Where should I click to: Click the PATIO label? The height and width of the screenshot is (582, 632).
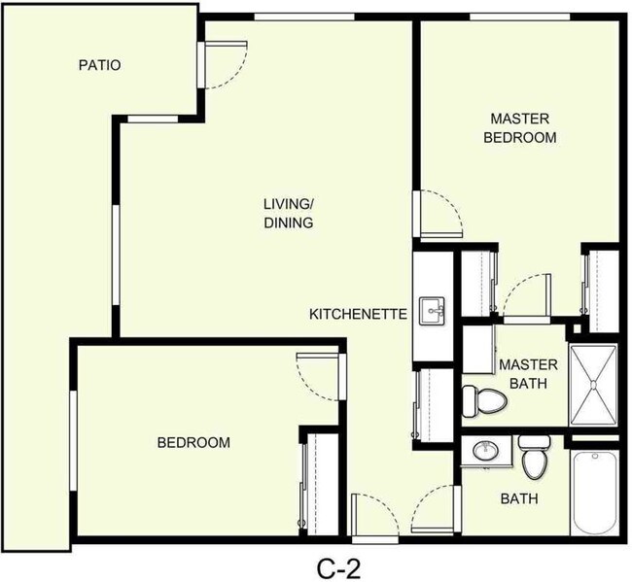[x=100, y=66]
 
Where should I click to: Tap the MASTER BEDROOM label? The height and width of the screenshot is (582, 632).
[x=521, y=128]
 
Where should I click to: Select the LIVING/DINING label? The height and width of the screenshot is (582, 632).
[x=288, y=213]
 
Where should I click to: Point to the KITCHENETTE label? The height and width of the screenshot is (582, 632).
[x=357, y=314]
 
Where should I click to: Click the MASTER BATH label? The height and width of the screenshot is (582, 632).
[x=528, y=373]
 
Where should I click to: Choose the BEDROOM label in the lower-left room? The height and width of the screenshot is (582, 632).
[x=193, y=443]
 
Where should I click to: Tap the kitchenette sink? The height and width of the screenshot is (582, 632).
[x=431, y=312]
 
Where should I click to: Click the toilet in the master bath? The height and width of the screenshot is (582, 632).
[x=484, y=398]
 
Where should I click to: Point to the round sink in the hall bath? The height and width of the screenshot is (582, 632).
[x=484, y=451]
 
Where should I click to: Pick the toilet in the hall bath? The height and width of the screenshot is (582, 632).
[x=535, y=457]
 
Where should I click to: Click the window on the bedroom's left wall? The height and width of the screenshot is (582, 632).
[x=72, y=437]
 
